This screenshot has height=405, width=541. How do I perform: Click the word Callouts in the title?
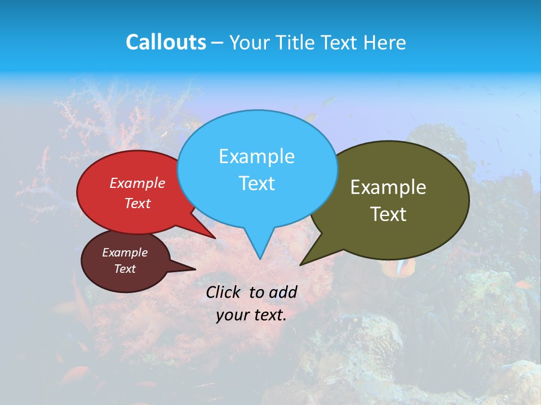[166, 42]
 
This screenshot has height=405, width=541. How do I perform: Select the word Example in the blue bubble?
[256, 156]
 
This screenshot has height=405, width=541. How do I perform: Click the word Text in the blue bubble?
[256, 183]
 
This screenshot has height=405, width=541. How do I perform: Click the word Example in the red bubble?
[138, 183]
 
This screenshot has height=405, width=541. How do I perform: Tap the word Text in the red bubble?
[138, 203]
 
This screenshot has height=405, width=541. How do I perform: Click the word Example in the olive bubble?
[388, 187]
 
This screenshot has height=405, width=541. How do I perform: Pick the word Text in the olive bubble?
[388, 214]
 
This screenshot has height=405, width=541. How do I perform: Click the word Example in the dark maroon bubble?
[125, 253]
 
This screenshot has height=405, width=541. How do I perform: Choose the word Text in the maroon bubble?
[125, 269]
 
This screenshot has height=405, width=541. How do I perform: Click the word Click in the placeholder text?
[224, 292]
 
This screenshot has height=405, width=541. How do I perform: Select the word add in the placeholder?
[283, 292]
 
